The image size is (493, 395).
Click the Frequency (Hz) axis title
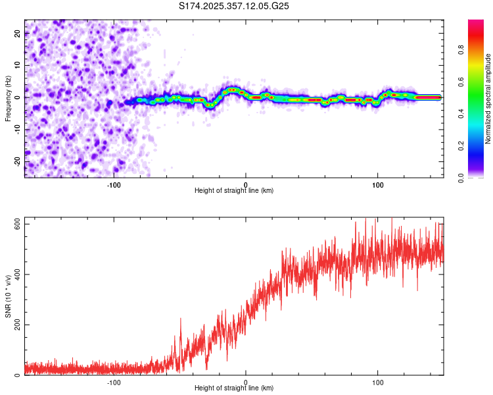[8, 99]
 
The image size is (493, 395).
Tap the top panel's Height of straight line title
[234, 190]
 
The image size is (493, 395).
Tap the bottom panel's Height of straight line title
[234, 388]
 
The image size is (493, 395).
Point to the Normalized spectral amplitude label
[488, 99]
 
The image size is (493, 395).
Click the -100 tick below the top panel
[114, 184]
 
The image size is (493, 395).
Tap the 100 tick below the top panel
[378, 184]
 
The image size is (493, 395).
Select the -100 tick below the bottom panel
[114, 382]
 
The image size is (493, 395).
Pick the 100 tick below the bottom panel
[378, 382]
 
